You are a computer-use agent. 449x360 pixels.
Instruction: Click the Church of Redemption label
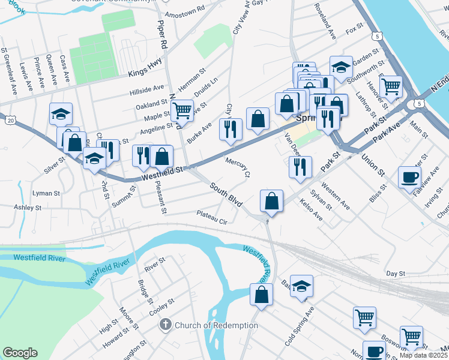(x=208, y=325)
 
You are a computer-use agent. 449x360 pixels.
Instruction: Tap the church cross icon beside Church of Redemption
(x=166, y=325)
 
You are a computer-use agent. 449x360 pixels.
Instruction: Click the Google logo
(x=20, y=353)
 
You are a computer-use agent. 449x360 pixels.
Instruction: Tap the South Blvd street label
(x=226, y=196)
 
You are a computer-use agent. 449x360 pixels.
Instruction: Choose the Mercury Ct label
(x=238, y=168)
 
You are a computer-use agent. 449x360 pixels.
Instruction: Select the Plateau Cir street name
(x=212, y=218)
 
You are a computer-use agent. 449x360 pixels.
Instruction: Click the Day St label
(x=396, y=273)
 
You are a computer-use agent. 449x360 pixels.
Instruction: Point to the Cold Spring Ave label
(x=300, y=327)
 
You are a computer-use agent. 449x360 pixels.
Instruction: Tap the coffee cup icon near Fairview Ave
(x=410, y=177)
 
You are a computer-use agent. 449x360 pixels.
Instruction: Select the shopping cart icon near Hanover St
(x=391, y=86)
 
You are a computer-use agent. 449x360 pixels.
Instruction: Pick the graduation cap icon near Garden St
(x=341, y=67)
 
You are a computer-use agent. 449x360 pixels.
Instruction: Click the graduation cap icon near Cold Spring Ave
(x=302, y=286)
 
